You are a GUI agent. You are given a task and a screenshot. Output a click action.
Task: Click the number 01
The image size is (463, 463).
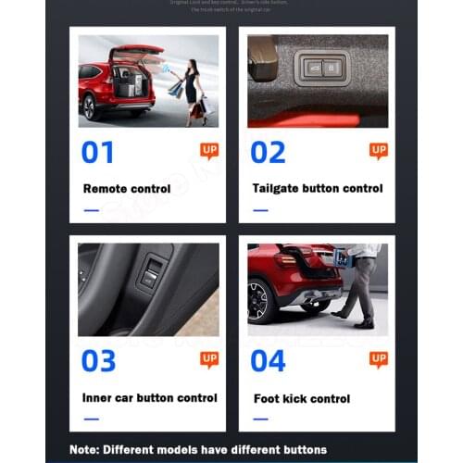click(x=98, y=151)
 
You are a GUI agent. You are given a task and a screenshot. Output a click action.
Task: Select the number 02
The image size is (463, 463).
click(x=269, y=151)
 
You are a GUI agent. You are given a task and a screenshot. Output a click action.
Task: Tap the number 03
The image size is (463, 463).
click(x=98, y=360)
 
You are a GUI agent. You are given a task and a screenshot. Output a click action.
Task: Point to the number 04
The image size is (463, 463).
click(x=269, y=360)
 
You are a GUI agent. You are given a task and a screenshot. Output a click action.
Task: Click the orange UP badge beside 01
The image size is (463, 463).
click(x=209, y=150)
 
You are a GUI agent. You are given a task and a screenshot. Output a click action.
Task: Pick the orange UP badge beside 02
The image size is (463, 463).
click(x=379, y=150)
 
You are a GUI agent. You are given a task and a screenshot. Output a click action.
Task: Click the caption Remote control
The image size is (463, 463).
click(x=127, y=189)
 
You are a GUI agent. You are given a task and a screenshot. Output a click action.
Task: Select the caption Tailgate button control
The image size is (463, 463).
click(x=317, y=189)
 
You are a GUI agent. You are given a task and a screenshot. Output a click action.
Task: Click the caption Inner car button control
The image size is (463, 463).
click(x=149, y=398)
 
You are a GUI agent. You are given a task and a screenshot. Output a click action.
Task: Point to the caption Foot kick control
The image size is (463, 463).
click(x=302, y=399)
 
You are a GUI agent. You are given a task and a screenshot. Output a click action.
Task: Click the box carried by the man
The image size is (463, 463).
click(x=344, y=258)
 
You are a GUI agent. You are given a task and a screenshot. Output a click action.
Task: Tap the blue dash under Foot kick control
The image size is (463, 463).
click(x=260, y=419)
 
